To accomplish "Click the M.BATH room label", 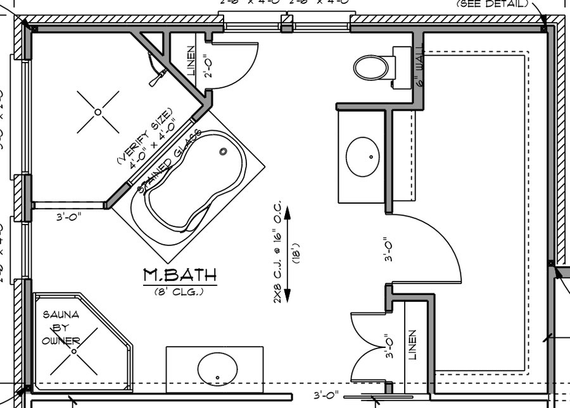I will (x=179, y=275).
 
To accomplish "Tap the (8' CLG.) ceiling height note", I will (x=179, y=291).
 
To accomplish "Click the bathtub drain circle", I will (x=223, y=151).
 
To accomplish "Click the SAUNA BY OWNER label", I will (x=61, y=328).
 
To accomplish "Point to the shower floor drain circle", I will (x=98, y=112).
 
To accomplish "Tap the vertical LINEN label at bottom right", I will (x=413, y=344).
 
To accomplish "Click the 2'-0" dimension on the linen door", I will (x=206, y=65).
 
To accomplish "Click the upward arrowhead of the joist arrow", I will (x=287, y=210).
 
